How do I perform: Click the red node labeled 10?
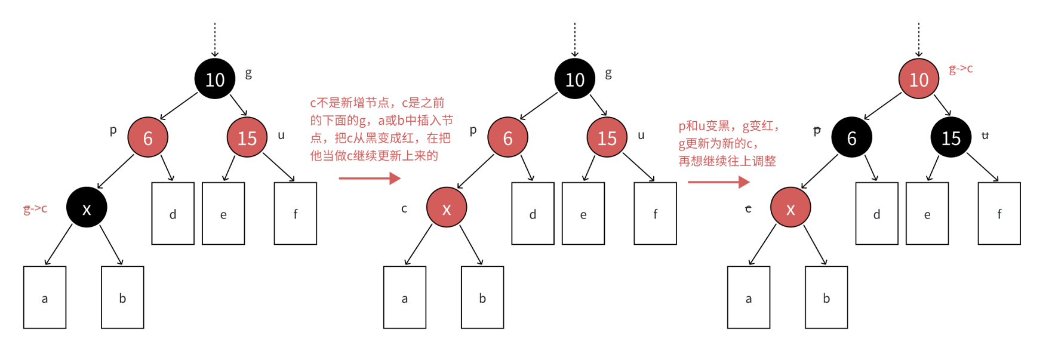(918, 79)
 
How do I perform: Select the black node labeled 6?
(851, 138)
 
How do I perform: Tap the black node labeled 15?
(950, 138)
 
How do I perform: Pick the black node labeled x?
(87, 208)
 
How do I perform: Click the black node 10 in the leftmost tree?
(215, 79)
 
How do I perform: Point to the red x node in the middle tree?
(447, 208)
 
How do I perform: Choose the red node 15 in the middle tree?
(607, 138)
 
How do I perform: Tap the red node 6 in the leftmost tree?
(147, 138)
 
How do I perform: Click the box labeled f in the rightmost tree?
(999, 214)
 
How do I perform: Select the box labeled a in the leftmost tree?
(45, 297)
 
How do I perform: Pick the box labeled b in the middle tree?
(482, 297)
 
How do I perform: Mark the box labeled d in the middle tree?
(533, 214)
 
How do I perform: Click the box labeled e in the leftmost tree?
(223, 214)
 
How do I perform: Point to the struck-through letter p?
(817, 130)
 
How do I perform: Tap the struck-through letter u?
(985, 136)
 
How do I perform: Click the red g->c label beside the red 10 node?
(961, 69)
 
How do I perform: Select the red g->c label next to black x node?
(35, 208)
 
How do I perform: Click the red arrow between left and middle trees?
(370, 178)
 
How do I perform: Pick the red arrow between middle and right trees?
(718, 181)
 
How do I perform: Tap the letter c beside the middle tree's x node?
(404, 208)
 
